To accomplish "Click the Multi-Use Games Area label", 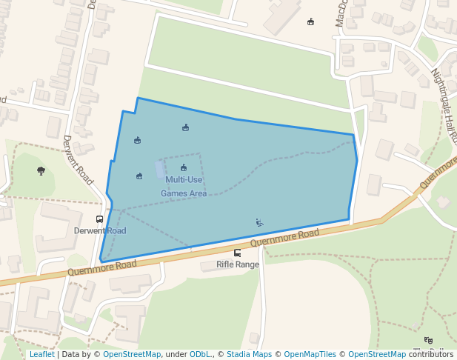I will point(184,186).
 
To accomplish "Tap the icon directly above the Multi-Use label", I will point(184,168).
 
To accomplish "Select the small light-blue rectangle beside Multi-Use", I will point(160,170).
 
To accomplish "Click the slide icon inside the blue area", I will point(259,222).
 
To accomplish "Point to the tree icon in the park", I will point(41,171).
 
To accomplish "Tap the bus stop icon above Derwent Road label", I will point(99,219).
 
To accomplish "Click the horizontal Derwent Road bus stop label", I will point(100,231).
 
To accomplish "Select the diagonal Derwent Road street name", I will point(78,159).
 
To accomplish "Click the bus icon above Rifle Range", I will point(237,253).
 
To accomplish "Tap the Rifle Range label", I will point(238,264).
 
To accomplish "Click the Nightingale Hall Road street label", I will point(445,107).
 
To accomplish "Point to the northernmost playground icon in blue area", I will point(185,127).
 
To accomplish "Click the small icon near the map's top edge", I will point(310,21).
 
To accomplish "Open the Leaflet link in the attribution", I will point(41,354).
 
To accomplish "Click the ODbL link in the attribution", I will point(201,354).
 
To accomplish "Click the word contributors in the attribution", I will point(431,354).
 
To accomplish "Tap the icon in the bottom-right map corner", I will point(428,340).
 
